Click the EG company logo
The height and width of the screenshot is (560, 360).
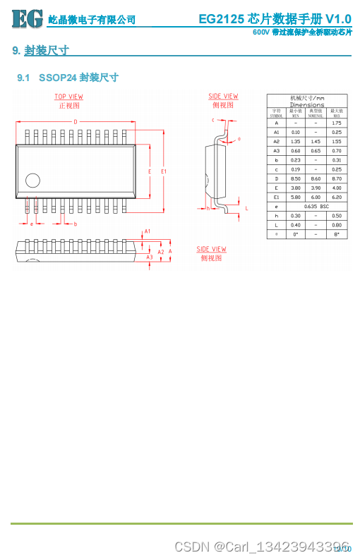(x=27, y=18)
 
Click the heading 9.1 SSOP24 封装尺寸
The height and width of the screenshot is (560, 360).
(x=68, y=78)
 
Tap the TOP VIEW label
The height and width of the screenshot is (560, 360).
(x=68, y=97)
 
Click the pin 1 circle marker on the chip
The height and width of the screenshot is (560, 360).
(x=32, y=180)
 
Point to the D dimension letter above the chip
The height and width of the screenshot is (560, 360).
(x=75, y=121)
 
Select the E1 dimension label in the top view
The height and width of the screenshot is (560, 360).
(x=164, y=171)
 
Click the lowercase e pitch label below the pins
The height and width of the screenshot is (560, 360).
(x=32, y=224)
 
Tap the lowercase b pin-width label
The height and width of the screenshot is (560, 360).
(x=75, y=224)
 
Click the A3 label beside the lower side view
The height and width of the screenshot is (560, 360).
(x=149, y=257)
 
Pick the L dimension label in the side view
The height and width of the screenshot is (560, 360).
(x=246, y=209)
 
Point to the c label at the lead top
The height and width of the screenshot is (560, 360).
(x=212, y=120)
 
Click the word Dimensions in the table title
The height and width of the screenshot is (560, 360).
(x=307, y=104)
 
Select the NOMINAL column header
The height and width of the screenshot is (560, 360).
(x=316, y=114)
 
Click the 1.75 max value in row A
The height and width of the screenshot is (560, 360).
(x=337, y=123)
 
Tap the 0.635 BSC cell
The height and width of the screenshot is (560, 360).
(x=316, y=206)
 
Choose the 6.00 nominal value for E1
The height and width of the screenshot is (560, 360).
(x=316, y=197)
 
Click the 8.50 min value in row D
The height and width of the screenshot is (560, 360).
(x=296, y=178)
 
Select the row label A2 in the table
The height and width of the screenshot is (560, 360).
(x=277, y=141)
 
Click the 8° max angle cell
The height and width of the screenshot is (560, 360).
(x=337, y=233)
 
